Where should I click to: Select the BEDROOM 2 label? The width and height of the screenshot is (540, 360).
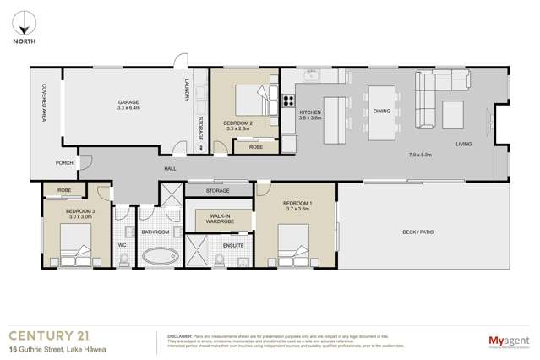[x=237, y=123]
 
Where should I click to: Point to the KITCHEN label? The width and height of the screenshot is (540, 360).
[x=310, y=112]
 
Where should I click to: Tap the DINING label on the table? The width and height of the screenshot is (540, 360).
[x=382, y=112]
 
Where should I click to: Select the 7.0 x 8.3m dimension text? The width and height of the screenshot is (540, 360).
[x=420, y=155]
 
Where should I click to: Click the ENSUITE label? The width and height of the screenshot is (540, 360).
[x=233, y=245]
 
